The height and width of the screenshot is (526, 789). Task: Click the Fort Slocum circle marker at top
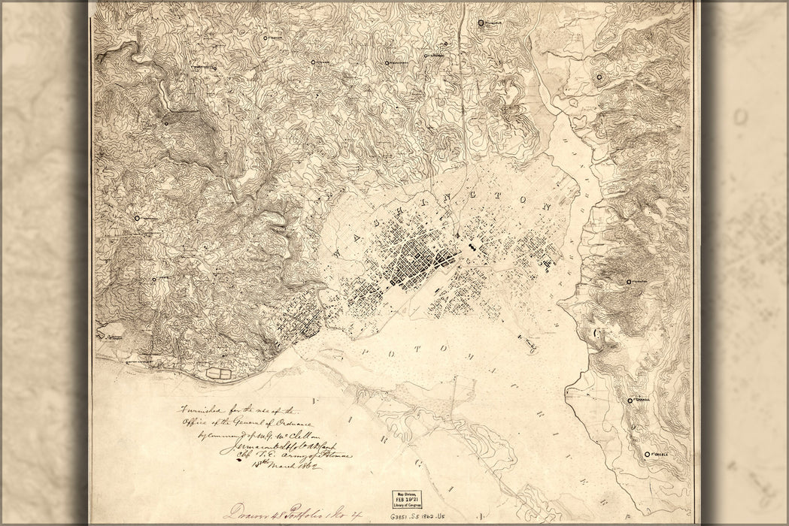pyautogui.click(x=481, y=23)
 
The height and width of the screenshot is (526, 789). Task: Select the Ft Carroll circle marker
pyautogui.click(x=630, y=401)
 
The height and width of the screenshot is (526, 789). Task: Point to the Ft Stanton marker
pyautogui.click(x=629, y=282)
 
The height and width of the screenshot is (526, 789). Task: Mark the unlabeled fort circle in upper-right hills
pyautogui.click(x=599, y=77)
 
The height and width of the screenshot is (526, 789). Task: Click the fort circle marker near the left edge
pyautogui.click(x=138, y=218)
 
